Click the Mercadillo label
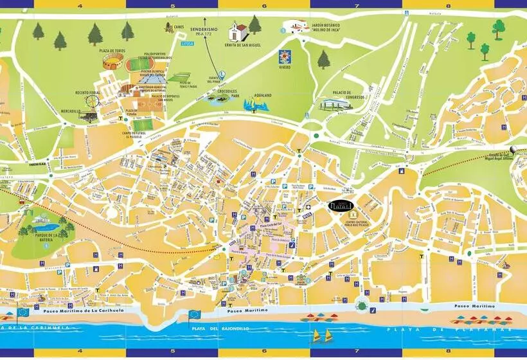click(70, 111)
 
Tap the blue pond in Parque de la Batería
click(43, 228)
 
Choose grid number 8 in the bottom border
click(449, 352)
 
